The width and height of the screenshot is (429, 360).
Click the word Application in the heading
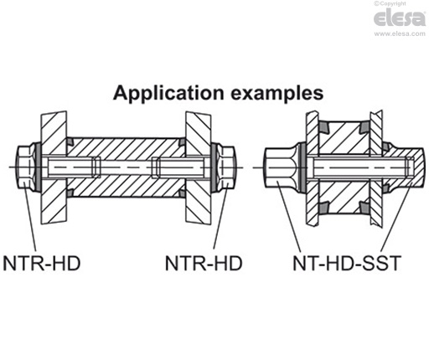point(163,92)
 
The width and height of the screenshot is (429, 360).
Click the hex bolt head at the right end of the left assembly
point(229,167)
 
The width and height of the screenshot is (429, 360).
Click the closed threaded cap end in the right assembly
point(409,167)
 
